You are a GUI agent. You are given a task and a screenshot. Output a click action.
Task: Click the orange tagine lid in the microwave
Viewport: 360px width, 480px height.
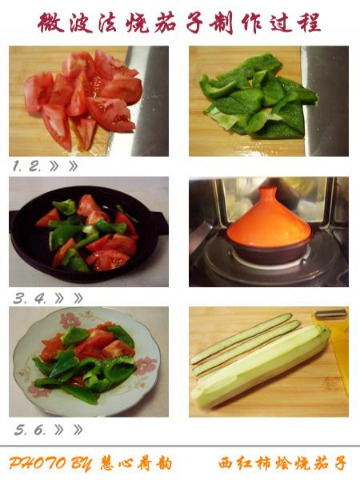269,221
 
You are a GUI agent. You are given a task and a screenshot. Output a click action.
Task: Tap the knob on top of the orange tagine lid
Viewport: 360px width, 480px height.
267,192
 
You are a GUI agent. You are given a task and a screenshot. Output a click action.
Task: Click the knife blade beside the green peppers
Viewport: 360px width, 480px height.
326,101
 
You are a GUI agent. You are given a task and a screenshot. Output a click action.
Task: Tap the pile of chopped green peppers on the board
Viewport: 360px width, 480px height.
258,97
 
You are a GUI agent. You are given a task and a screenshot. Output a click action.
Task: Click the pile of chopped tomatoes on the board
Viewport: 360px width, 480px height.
83,98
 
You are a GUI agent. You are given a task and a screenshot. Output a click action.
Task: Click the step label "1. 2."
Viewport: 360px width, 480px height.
27,166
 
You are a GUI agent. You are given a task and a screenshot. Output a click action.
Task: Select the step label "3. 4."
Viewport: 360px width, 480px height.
30,298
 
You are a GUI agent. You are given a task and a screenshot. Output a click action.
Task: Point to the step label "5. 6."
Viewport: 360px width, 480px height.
30,430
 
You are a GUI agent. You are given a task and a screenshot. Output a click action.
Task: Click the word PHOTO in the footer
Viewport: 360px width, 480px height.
37,463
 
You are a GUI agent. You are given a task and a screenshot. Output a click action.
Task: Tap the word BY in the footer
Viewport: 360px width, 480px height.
81,464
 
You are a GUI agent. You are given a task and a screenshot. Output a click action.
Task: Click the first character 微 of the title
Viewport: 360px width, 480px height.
51,22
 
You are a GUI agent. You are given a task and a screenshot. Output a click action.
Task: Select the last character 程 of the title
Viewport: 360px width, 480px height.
309,22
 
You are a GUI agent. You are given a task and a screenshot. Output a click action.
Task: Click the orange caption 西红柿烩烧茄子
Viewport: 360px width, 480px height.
282,463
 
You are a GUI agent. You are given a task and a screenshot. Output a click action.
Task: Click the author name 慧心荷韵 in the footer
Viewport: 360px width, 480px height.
136,463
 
